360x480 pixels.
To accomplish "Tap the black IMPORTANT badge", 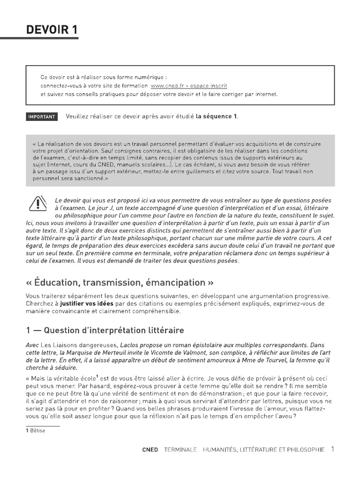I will pos(42,117).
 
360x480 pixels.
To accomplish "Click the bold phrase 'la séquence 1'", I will pos(217,117).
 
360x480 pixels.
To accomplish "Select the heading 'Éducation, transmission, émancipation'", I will pos(120,283).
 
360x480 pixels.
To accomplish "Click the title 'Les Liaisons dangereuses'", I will pos(76,345).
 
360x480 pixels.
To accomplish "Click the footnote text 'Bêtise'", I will pos(38,431).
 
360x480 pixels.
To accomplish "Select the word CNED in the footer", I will pos(150,450).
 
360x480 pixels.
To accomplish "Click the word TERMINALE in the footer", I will pos(180,450).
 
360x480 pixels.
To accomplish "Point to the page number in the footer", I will pos(332,449).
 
